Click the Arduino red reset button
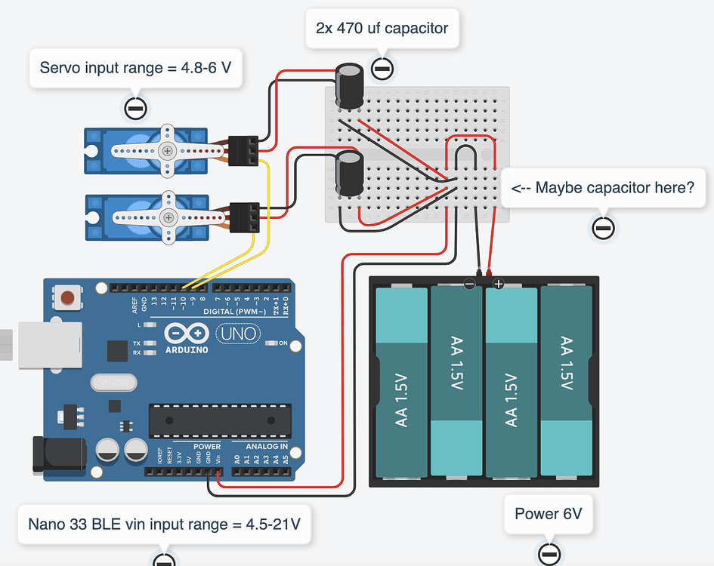[x=69, y=298]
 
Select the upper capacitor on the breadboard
[x=350, y=85]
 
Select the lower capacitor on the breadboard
[x=348, y=174]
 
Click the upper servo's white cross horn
[x=166, y=150]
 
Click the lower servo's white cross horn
[x=168, y=218]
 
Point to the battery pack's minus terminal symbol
[x=469, y=284]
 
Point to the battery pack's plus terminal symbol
[x=498, y=284]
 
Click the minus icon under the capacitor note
[x=382, y=69]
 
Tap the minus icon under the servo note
[x=135, y=109]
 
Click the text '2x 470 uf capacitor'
[x=382, y=29]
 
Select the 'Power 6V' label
[x=549, y=514]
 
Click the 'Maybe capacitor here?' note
[x=602, y=187]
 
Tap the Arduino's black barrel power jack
[x=57, y=457]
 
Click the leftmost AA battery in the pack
[x=402, y=383]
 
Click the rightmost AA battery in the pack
[x=567, y=383]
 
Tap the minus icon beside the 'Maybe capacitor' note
[x=603, y=228]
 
